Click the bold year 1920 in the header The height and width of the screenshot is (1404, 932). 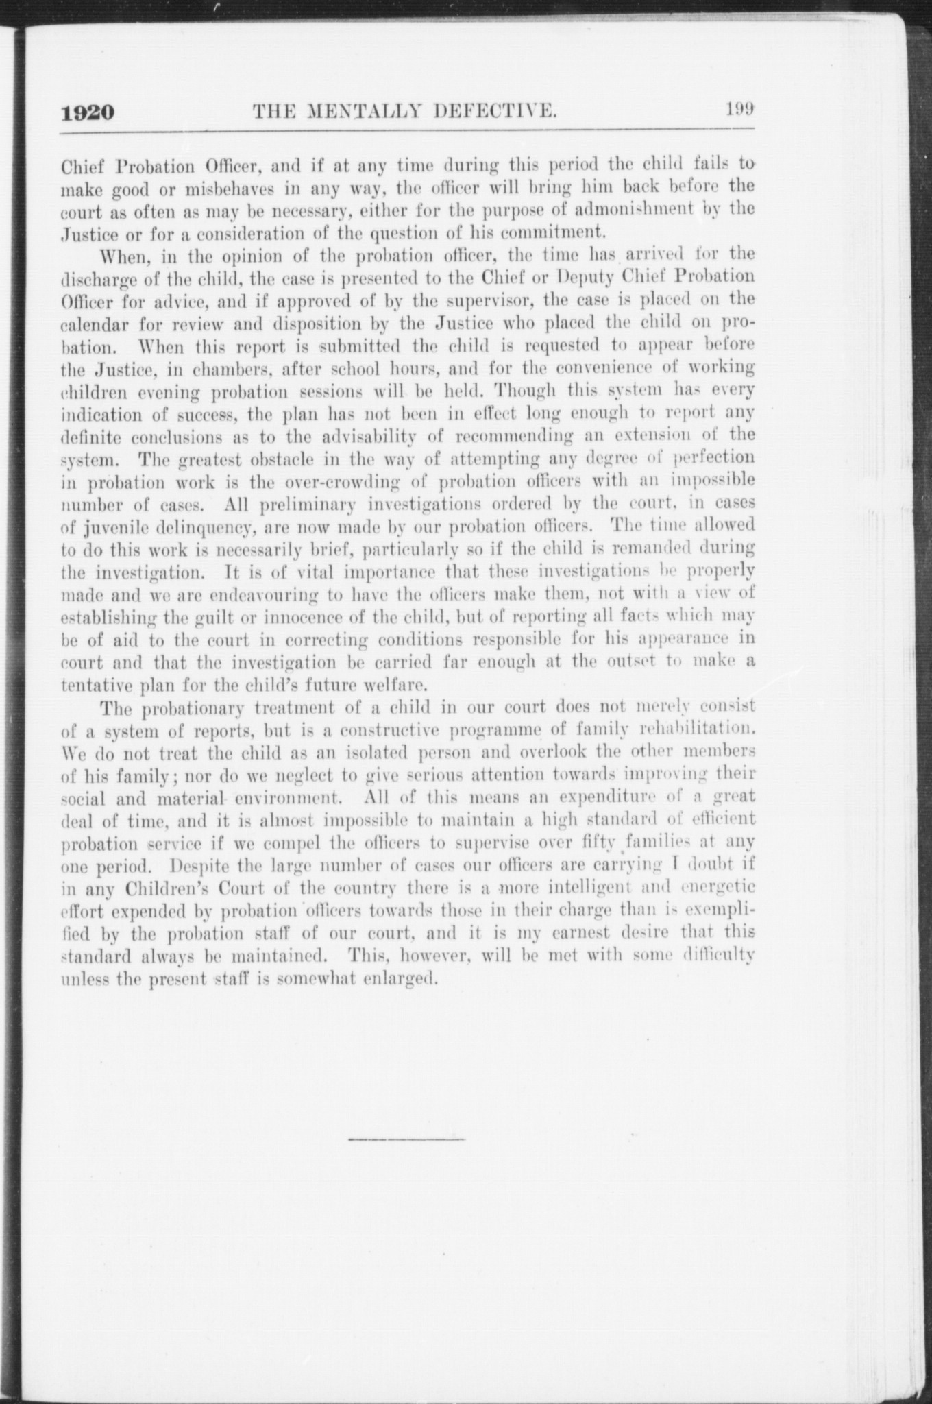click(x=86, y=111)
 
